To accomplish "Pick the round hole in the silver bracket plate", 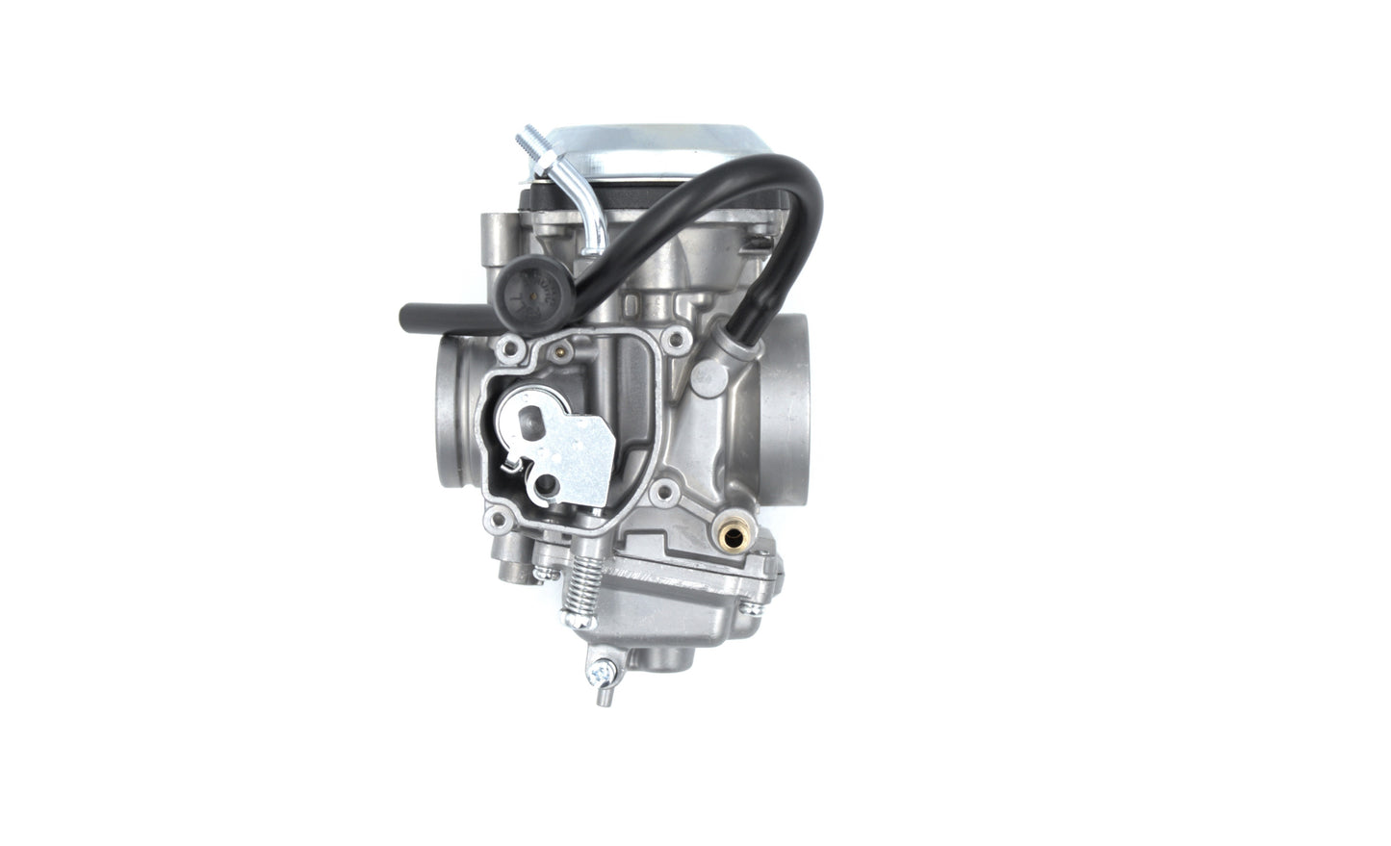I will point(552,484).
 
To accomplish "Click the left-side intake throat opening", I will point(456,414).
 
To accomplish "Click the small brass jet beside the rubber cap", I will point(559,351).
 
